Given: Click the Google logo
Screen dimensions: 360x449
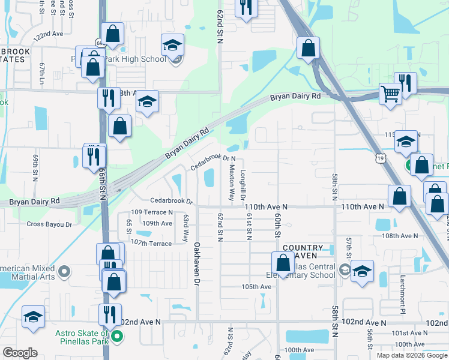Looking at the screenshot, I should click(x=20, y=353).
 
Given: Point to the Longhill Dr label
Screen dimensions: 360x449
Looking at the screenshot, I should click(x=244, y=185).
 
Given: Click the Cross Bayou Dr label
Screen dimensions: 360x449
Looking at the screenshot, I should click(x=49, y=224).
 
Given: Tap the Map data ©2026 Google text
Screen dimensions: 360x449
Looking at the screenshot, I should click(x=411, y=355).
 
